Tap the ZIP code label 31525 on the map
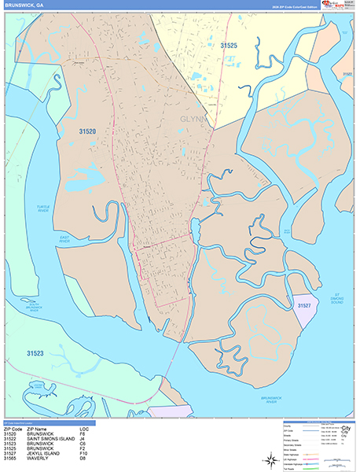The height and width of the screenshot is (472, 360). [x=229, y=46]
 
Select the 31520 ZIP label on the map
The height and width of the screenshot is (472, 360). [x=87, y=132]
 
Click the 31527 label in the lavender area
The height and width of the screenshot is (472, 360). [x=304, y=304]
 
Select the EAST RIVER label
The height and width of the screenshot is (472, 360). [x=64, y=241]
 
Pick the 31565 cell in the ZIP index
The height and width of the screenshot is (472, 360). [x=9, y=458]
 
